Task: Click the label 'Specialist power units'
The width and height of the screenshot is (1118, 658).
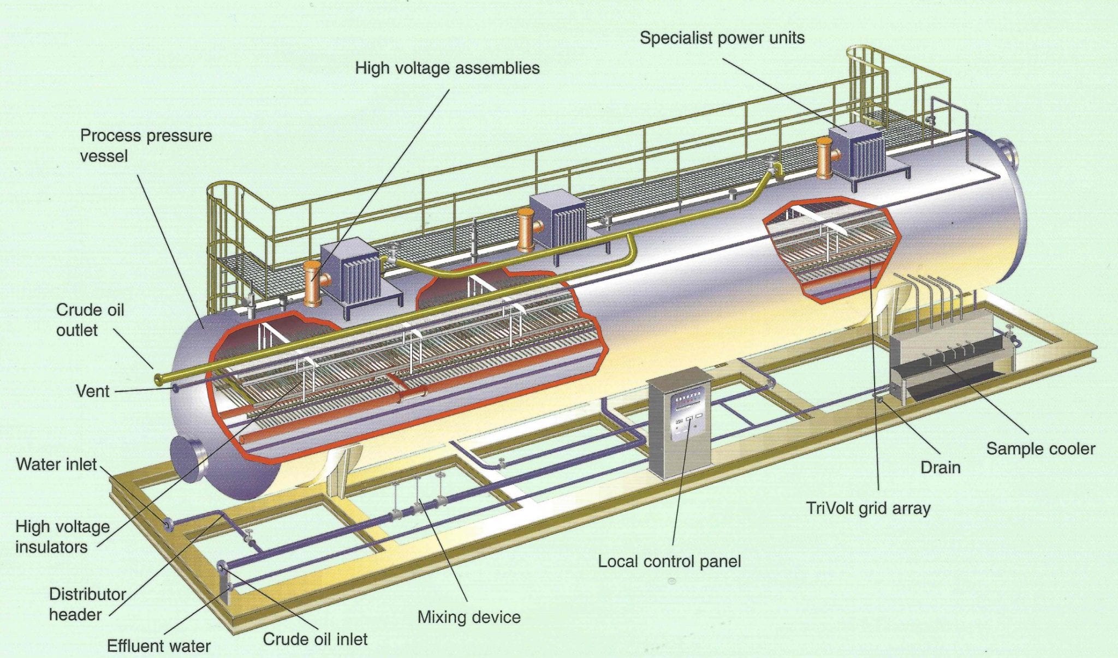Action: point(722,38)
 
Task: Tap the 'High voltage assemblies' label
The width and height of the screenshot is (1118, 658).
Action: point(447,68)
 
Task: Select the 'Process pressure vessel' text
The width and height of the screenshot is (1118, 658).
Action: point(146,146)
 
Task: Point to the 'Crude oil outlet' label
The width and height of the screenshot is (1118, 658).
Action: point(90,320)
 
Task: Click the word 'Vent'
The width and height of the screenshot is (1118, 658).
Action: point(93,391)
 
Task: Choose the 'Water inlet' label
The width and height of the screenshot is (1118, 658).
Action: point(56,464)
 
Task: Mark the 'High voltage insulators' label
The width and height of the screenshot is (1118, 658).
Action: point(62,536)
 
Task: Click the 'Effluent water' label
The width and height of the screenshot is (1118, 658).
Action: point(158,646)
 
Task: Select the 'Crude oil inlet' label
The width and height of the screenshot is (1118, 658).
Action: point(315,639)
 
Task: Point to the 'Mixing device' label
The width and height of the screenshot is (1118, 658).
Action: point(469,617)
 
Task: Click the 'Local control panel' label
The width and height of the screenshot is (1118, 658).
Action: point(669,561)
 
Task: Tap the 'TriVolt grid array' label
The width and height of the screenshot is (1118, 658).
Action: point(868,509)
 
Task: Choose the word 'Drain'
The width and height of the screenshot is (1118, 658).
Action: point(940,468)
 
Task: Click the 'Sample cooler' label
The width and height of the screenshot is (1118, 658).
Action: point(1040,449)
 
